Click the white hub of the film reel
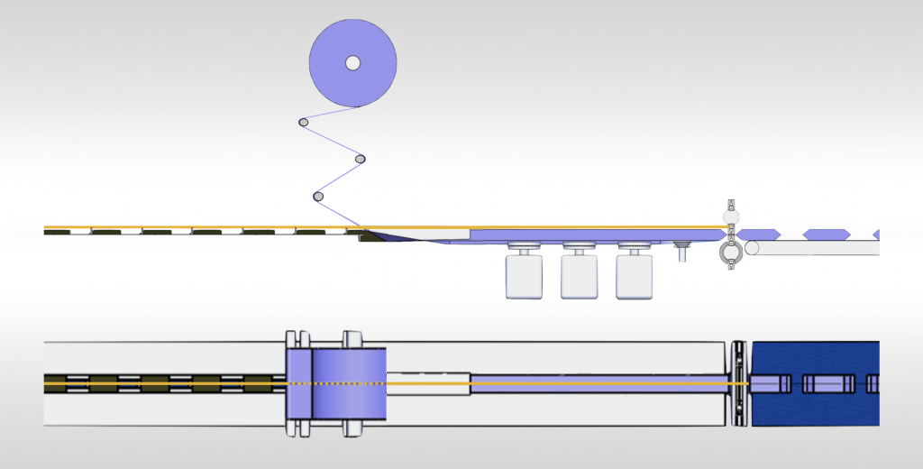[x=353, y=62]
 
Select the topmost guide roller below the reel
[x=304, y=122]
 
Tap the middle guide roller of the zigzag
[x=361, y=160]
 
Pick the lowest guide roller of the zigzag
[x=317, y=197]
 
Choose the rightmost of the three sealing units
[x=634, y=276]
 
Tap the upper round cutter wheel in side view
[x=730, y=217]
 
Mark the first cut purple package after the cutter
[x=759, y=234]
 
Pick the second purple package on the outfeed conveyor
[x=827, y=234]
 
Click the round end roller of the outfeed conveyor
[x=752, y=248]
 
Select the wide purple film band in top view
[x=348, y=383]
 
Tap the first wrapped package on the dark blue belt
[x=771, y=383]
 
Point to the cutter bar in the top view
[x=738, y=383]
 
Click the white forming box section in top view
[x=427, y=383]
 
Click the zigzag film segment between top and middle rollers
[x=332, y=141]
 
